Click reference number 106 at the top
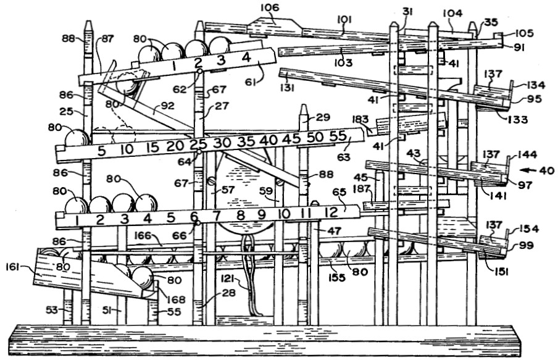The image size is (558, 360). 270,8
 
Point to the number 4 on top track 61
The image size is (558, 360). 246,57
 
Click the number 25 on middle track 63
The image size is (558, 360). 198,144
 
